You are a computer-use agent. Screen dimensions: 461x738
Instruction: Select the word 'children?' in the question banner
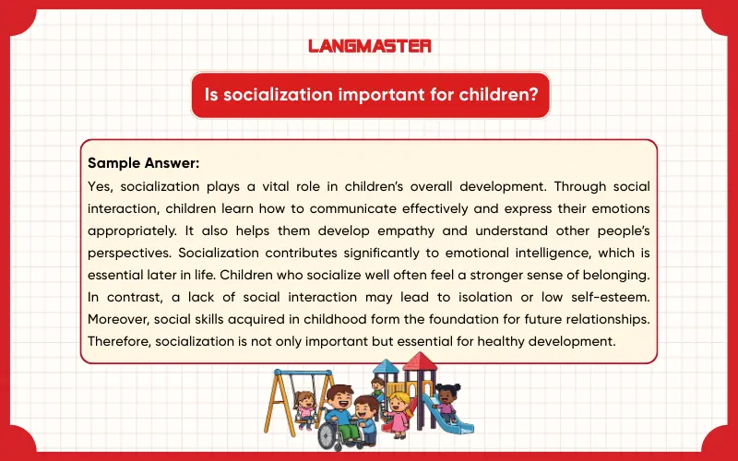pyautogui.click(x=498, y=96)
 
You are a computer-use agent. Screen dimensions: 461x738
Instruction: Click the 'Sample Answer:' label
pyautogui.click(x=130, y=163)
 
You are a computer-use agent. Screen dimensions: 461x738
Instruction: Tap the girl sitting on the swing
pyautogui.click(x=304, y=403)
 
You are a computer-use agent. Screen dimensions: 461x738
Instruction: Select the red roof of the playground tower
pyautogui.click(x=420, y=361)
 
